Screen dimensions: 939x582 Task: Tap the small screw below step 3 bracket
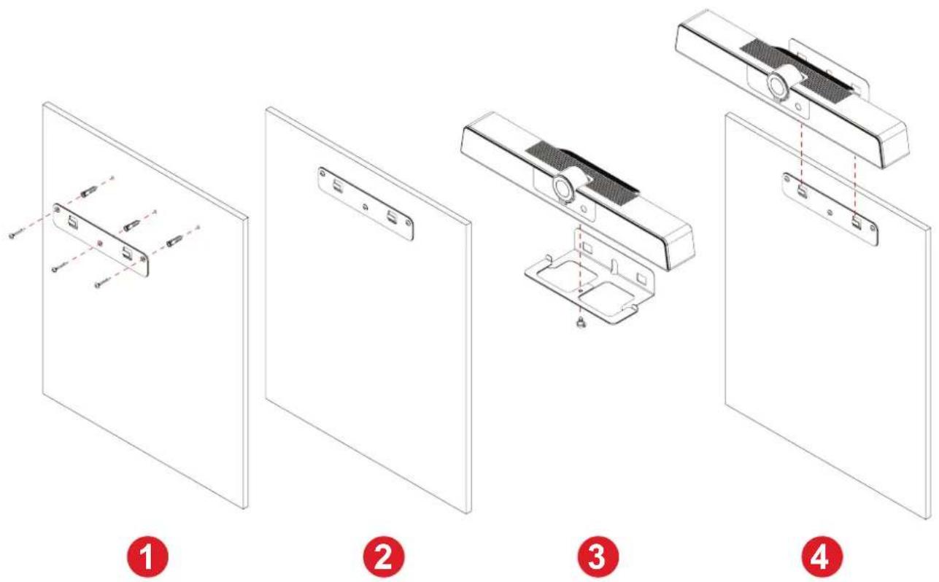(581, 323)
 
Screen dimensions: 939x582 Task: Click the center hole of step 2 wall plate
(366, 207)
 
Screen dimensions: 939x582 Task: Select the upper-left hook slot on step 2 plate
(338, 185)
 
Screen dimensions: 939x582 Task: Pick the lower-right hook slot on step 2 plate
(393, 217)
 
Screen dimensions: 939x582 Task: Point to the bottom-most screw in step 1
(103, 283)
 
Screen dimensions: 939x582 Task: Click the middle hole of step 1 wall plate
(100, 243)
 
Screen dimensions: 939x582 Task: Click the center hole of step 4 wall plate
(830, 212)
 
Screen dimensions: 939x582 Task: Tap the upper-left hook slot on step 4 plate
(802, 191)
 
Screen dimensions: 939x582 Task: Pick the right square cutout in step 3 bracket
(606, 297)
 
